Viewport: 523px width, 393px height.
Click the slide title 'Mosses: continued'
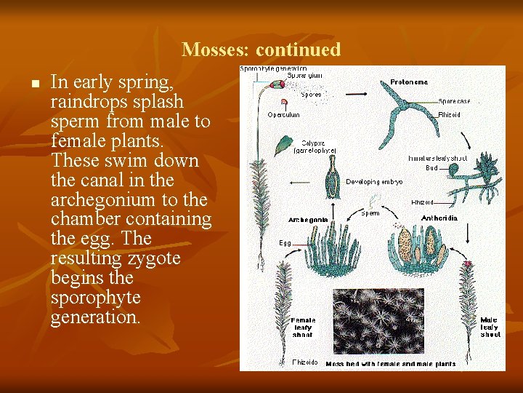coord(261,49)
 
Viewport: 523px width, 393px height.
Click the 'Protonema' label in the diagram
coord(409,82)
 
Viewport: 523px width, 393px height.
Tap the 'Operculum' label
coord(283,114)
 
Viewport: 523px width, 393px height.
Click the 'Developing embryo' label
coord(374,181)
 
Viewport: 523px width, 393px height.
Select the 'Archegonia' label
coord(308,219)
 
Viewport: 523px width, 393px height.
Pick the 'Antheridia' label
coord(439,218)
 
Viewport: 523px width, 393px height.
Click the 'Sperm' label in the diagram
coord(370,213)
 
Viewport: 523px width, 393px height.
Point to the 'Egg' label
coord(285,242)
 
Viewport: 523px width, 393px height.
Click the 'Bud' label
coord(431,167)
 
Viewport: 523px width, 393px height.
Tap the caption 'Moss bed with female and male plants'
coord(391,364)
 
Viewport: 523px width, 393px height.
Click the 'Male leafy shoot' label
coord(490,327)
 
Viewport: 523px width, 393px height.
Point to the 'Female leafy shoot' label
coord(302,327)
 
